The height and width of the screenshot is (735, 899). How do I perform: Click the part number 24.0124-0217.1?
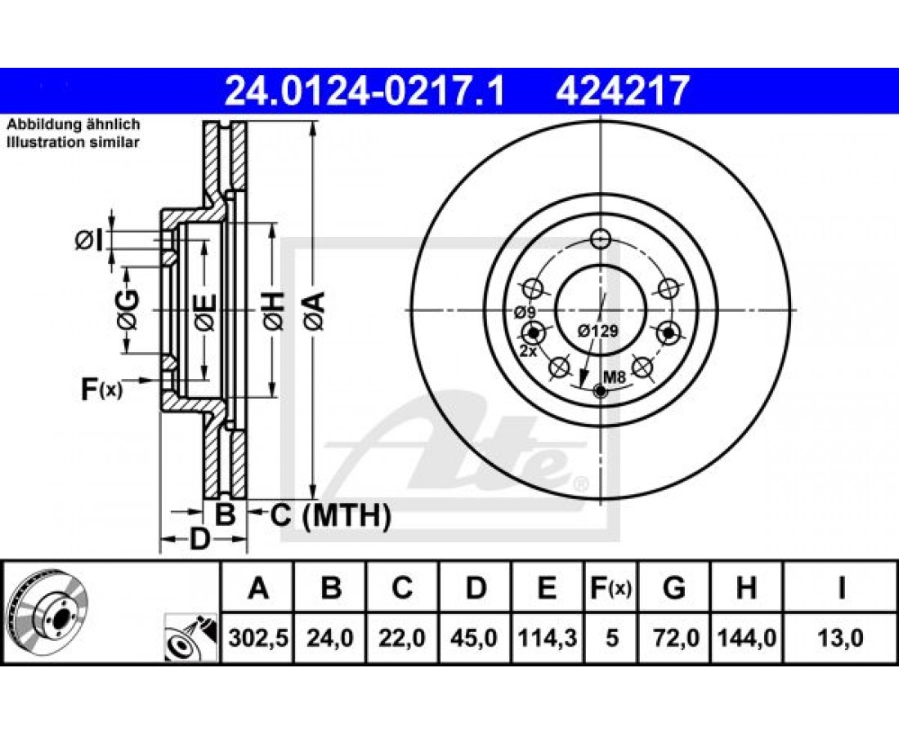pyautogui.click(x=365, y=91)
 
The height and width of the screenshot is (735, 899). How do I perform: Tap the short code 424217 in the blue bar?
pyautogui.click(x=622, y=91)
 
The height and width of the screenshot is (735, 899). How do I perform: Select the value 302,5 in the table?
pyautogui.click(x=257, y=637)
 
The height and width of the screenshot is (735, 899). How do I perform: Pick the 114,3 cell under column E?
pyautogui.click(x=547, y=637)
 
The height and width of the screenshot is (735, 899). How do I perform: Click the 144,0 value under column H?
pyautogui.click(x=746, y=637)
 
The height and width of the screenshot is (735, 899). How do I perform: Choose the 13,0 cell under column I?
pyautogui.click(x=840, y=637)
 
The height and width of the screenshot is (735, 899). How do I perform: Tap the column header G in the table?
pyautogui.click(x=673, y=588)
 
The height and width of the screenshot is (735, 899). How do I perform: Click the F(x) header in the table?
pyautogui.click(x=611, y=588)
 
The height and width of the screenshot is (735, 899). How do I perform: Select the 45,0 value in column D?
pyautogui.click(x=476, y=637)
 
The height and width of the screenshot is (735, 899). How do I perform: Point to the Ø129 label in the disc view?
pyautogui.click(x=598, y=331)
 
